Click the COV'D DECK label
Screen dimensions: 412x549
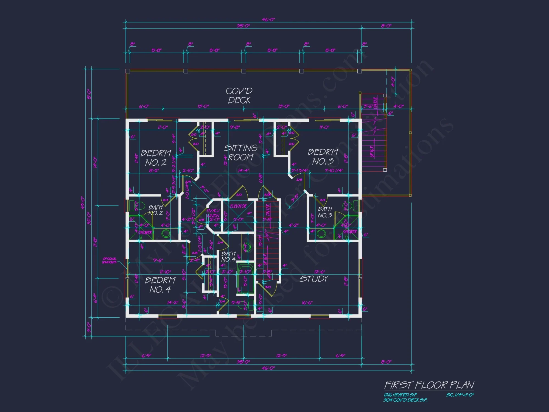pyautogui.click(x=239, y=96)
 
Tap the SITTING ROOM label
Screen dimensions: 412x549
pyautogui.click(x=240, y=152)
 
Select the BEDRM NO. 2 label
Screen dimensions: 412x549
pyautogui.click(x=156, y=158)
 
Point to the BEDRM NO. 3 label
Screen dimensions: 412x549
pyautogui.click(x=323, y=157)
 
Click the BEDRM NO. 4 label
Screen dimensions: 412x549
pyautogui.click(x=160, y=285)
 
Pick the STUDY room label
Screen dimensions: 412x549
pyautogui.click(x=314, y=279)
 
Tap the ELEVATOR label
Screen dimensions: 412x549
pyautogui.click(x=238, y=206)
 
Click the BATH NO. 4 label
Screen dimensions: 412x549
pyautogui.click(x=228, y=257)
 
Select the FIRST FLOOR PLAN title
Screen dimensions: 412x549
pyautogui.click(x=429, y=385)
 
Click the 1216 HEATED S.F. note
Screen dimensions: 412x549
pyautogui.click(x=400, y=395)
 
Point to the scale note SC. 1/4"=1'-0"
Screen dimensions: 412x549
pyautogui.click(x=460, y=395)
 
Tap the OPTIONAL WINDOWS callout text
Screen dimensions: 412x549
pyautogui.click(x=110, y=260)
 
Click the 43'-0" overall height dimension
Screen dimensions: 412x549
pyautogui.click(x=83, y=203)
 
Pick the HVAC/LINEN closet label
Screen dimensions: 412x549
pyautogui.click(x=213, y=213)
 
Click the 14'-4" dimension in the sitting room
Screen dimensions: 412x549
pyautogui.click(x=243, y=171)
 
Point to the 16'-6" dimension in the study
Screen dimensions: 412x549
pyautogui.click(x=307, y=303)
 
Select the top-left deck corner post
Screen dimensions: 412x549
pyautogui.click(x=128, y=71)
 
